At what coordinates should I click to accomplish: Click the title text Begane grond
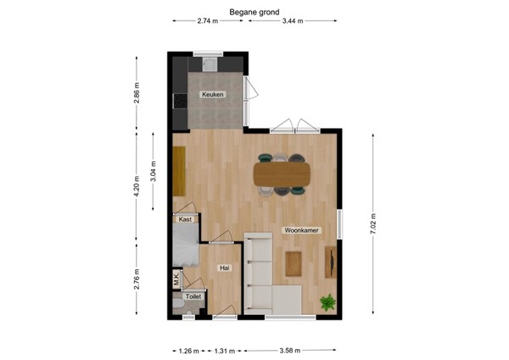[254, 12]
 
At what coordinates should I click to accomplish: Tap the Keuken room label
[212, 94]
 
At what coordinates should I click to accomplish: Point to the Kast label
[184, 219]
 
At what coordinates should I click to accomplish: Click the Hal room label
[224, 267]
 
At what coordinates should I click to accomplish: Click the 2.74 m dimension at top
[208, 22]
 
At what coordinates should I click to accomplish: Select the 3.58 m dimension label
[291, 349]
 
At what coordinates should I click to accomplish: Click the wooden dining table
[282, 173]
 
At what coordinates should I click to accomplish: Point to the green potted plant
[327, 301]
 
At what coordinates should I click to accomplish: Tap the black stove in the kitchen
[179, 101]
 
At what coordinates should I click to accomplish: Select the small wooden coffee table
[294, 263]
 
